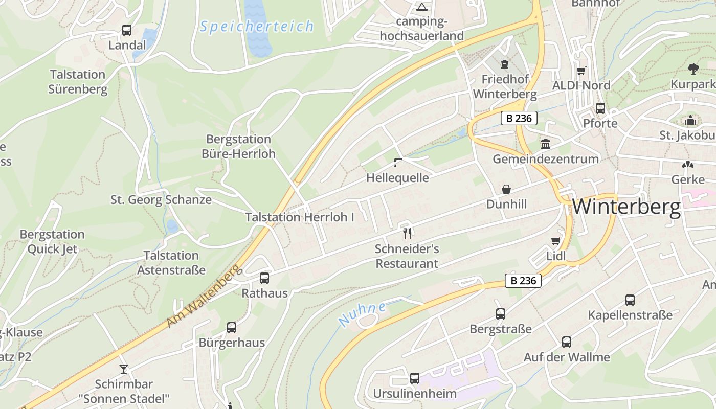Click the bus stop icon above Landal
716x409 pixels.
pyautogui.click(x=126, y=30)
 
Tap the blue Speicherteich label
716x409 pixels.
pyautogui.click(x=256, y=26)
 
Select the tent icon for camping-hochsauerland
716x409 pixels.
pyautogui.click(x=421, y=7)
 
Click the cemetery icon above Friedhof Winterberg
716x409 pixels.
pyautogui.click(x=505, y=64)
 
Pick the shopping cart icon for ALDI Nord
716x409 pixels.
pyautogui.click(x=581, y=71)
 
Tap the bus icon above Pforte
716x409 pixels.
pyautogui.click(x=600, y=108)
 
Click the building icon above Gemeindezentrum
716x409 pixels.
pyautogui.click(x=545, y=144)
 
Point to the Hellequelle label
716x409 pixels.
pyautogui.click(x=397, y=178)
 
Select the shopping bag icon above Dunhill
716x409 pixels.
pyautogui.click(x=506, y=189)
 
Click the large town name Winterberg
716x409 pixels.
pyautogui.click(x=626, y=207)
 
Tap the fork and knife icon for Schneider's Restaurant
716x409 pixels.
pyautogui.click(x=407, y=234)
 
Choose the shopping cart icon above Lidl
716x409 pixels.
pyautogui.click(x=556, y=241)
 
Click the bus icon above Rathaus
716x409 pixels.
pyautogui.click(x=264, y=278)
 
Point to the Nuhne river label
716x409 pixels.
pyautogui.click(x=362, y=314)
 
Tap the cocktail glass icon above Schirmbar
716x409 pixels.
pyautogui.click(x=123, y=369)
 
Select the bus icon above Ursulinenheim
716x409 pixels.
pyautogui.click(x=415, y=378)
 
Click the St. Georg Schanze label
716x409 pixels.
pyautogui.click(x=161, y=200)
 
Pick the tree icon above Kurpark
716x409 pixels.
pyautogui.click(x=693, y=69)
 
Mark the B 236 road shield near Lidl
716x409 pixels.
pyautogui.click(x=523, y=280)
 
